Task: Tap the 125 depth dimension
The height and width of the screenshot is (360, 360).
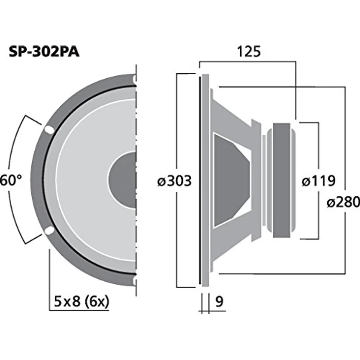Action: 247,51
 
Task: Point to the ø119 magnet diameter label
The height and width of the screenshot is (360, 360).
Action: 318,181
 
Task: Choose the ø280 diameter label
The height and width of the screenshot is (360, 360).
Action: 343,202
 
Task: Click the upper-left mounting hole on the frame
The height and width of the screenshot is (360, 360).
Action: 49,130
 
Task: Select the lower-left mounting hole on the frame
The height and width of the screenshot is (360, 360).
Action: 49,231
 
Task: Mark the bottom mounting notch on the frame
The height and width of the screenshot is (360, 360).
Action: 134,281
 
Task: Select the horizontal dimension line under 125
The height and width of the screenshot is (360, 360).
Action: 247,62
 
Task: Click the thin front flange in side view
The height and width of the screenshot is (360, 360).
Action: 201,180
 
